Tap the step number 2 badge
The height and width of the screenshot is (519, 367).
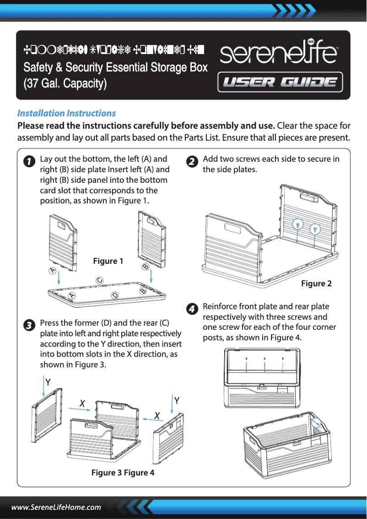192,162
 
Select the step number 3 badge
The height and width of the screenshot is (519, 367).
28,326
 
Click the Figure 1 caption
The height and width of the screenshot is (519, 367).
108,261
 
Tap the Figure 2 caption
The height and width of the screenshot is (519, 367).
316,284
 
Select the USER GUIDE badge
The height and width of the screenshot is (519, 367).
280,82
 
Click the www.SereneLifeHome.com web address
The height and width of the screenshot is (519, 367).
56,507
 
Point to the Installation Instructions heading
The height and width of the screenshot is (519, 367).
66,113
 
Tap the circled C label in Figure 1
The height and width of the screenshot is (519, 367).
99,280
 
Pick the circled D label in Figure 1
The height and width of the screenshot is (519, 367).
115,295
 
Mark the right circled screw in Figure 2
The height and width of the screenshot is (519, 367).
315,229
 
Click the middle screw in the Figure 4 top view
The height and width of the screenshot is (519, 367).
265,359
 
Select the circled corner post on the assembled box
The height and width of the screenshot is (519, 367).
316,423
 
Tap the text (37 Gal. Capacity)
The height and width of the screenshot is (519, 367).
65,84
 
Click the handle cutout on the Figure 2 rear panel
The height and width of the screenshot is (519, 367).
309,197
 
